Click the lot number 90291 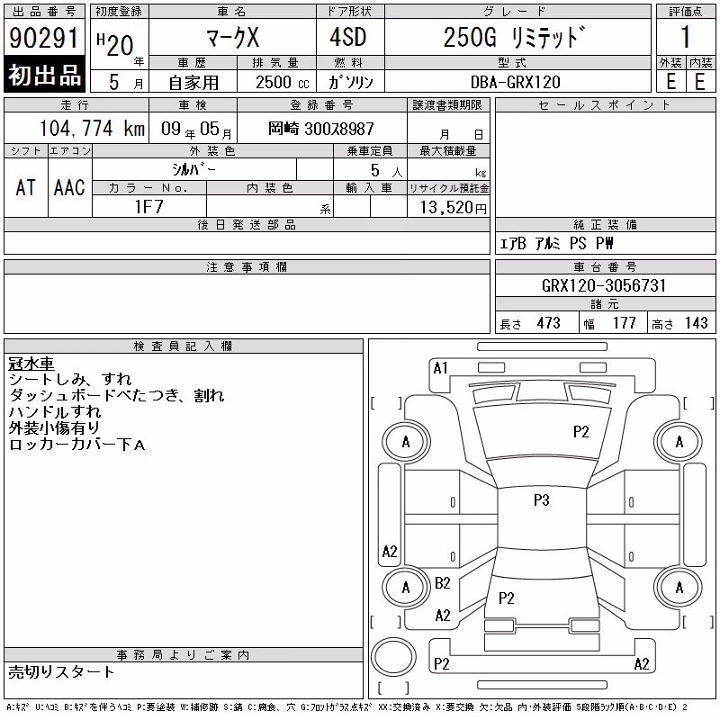(x=44, y=38)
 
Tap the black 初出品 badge (x=44, y=75)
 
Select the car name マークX (x=233, y=37)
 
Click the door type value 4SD (x=348, y=37)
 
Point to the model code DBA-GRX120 (x=516, y=82)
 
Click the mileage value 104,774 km (x=93, y=128)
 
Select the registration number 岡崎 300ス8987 (x=321, y=129)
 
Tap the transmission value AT (x=26, y=188)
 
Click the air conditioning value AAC (x=70, y=188)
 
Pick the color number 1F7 (x=148, y=207)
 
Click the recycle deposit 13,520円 (x=454, y=207)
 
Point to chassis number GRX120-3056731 (x=604, y=285)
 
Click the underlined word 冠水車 (x=31, y=364)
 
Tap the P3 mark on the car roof (x=542, y=500)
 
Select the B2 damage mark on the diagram (x=443, y=583)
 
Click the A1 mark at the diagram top (x=440, y=368)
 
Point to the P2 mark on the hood (x=580, y=432)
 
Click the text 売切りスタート (x=61, y=672)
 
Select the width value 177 (x=624, y=323)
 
